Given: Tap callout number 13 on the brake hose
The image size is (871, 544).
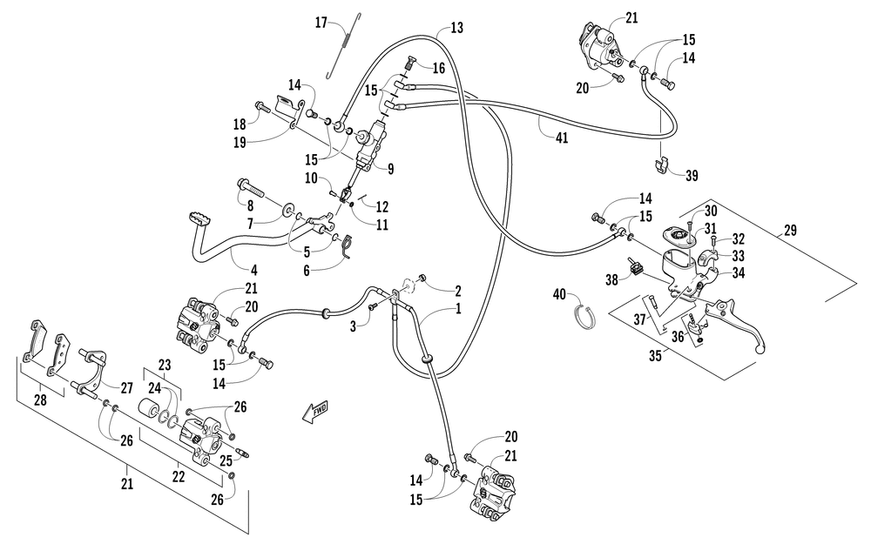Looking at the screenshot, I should click(x=457, y=29).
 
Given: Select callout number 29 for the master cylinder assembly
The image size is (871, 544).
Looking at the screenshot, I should click(x=789, y=231).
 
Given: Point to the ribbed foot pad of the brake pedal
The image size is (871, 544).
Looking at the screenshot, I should click(x=199, y=218).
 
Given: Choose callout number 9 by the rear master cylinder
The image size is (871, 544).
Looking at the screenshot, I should click(x=391, y=169).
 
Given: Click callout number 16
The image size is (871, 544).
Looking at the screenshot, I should click(x=438, y=68).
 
